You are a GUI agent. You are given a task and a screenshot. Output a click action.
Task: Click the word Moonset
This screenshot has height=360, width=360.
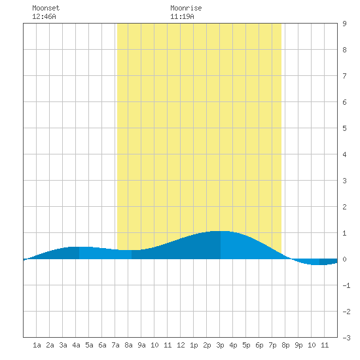point(46,8)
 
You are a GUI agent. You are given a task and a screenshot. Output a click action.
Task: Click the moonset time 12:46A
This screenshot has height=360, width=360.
point(44,16)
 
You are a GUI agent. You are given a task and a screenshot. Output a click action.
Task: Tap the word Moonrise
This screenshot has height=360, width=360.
point(186,8)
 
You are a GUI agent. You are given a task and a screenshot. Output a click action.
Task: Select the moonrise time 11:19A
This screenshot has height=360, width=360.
point(182,16)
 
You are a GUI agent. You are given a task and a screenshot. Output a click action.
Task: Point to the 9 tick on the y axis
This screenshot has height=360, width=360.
point(344,24)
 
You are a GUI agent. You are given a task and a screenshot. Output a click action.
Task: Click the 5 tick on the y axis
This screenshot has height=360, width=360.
point(344,128)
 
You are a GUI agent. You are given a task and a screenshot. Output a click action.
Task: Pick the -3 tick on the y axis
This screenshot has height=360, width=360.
point(346,338)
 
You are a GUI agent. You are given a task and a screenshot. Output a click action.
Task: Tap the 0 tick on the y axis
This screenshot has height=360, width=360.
point(344,259)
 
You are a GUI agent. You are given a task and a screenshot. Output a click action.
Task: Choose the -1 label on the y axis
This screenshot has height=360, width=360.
point(346,285)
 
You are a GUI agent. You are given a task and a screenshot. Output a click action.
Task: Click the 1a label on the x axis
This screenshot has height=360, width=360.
point(37,345)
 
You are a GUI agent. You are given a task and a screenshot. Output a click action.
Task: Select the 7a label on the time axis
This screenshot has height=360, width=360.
point(115,345)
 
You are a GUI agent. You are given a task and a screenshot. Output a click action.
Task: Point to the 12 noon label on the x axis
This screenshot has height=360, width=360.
point(181,345)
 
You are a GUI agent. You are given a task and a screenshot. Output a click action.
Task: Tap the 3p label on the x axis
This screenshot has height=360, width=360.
point(220,345)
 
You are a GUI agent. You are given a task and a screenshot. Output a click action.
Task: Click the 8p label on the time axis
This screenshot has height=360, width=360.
point(285,345)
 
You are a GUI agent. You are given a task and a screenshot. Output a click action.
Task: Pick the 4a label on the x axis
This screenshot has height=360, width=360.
point(76,345)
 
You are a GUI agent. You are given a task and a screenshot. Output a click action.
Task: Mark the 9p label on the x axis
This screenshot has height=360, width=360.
point(298,345)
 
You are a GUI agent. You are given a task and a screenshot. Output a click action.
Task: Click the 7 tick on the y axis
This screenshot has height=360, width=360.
point(344,76)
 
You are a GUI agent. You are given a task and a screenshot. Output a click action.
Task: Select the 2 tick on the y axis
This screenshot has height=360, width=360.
point(344,207)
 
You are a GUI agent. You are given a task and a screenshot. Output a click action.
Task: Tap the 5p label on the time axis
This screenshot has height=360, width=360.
point(246,345)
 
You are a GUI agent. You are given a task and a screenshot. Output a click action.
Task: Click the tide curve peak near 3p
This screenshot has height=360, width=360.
point(221,231)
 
